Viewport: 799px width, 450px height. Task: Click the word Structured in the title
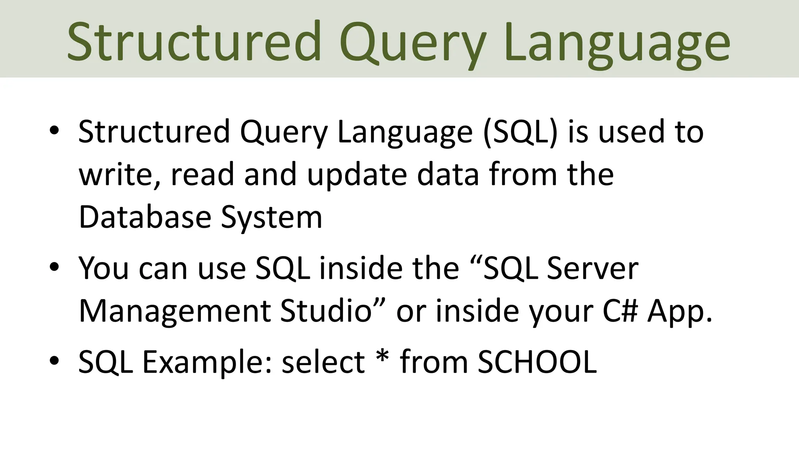click(194, 42)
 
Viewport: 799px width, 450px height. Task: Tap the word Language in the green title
click(616, 44)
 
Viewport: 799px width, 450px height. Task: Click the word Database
click(145, 217)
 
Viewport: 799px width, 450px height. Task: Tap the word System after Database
click(272, 218)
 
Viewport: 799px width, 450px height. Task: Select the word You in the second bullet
click(103, 268)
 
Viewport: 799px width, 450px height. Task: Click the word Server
click(593, 268)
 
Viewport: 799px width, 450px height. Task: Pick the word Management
click(175, 311)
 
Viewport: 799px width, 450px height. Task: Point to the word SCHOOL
click(537, 362)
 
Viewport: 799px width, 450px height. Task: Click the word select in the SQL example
click(323, 362)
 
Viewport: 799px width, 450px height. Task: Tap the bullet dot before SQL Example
click(54, 361)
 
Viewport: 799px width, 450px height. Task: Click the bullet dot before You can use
click(54, 267)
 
